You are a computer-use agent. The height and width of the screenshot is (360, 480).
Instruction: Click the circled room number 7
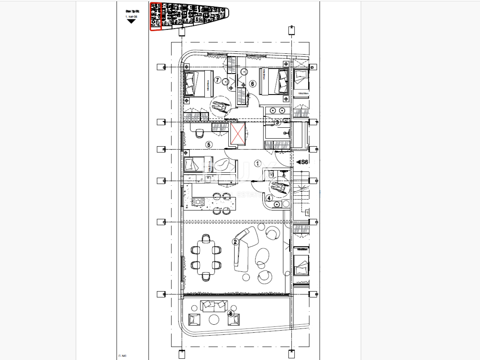click(x=217, y=79)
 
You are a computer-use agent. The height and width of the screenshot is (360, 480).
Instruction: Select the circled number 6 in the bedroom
click(x=253, y=84)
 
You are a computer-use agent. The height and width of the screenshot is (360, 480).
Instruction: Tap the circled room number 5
click(x=209, y=145)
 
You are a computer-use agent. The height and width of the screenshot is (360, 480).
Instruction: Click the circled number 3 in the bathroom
click(x=277, y=122)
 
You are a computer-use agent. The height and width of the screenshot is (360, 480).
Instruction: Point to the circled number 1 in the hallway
click(x=258, y=163)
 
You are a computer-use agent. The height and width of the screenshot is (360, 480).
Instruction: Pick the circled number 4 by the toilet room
click(x=269, y=198)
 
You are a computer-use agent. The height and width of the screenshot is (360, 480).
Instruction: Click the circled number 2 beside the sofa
click(x=236, y=242)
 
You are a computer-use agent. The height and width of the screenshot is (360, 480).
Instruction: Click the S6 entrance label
click(x=302, y=162)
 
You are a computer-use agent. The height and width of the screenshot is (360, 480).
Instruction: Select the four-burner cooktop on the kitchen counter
click(x=198, y=202)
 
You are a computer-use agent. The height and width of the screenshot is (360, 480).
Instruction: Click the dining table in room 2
click(x=206, y=257)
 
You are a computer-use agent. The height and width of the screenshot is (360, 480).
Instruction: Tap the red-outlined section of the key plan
click(x=156, y=16)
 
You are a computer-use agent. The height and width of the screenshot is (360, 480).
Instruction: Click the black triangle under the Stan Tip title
click(x=132, y=21)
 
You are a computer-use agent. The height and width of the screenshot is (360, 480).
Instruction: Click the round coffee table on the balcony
click(x=214, y=320)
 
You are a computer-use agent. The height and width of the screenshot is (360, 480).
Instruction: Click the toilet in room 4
click(x=277, y=205)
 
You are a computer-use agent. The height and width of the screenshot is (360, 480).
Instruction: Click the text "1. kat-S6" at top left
click(x=132, y=16)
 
